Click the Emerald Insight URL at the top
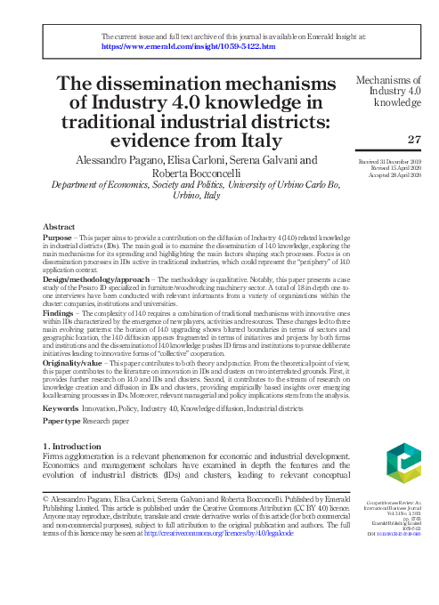coord(188,46)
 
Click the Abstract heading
coord(59,227)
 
